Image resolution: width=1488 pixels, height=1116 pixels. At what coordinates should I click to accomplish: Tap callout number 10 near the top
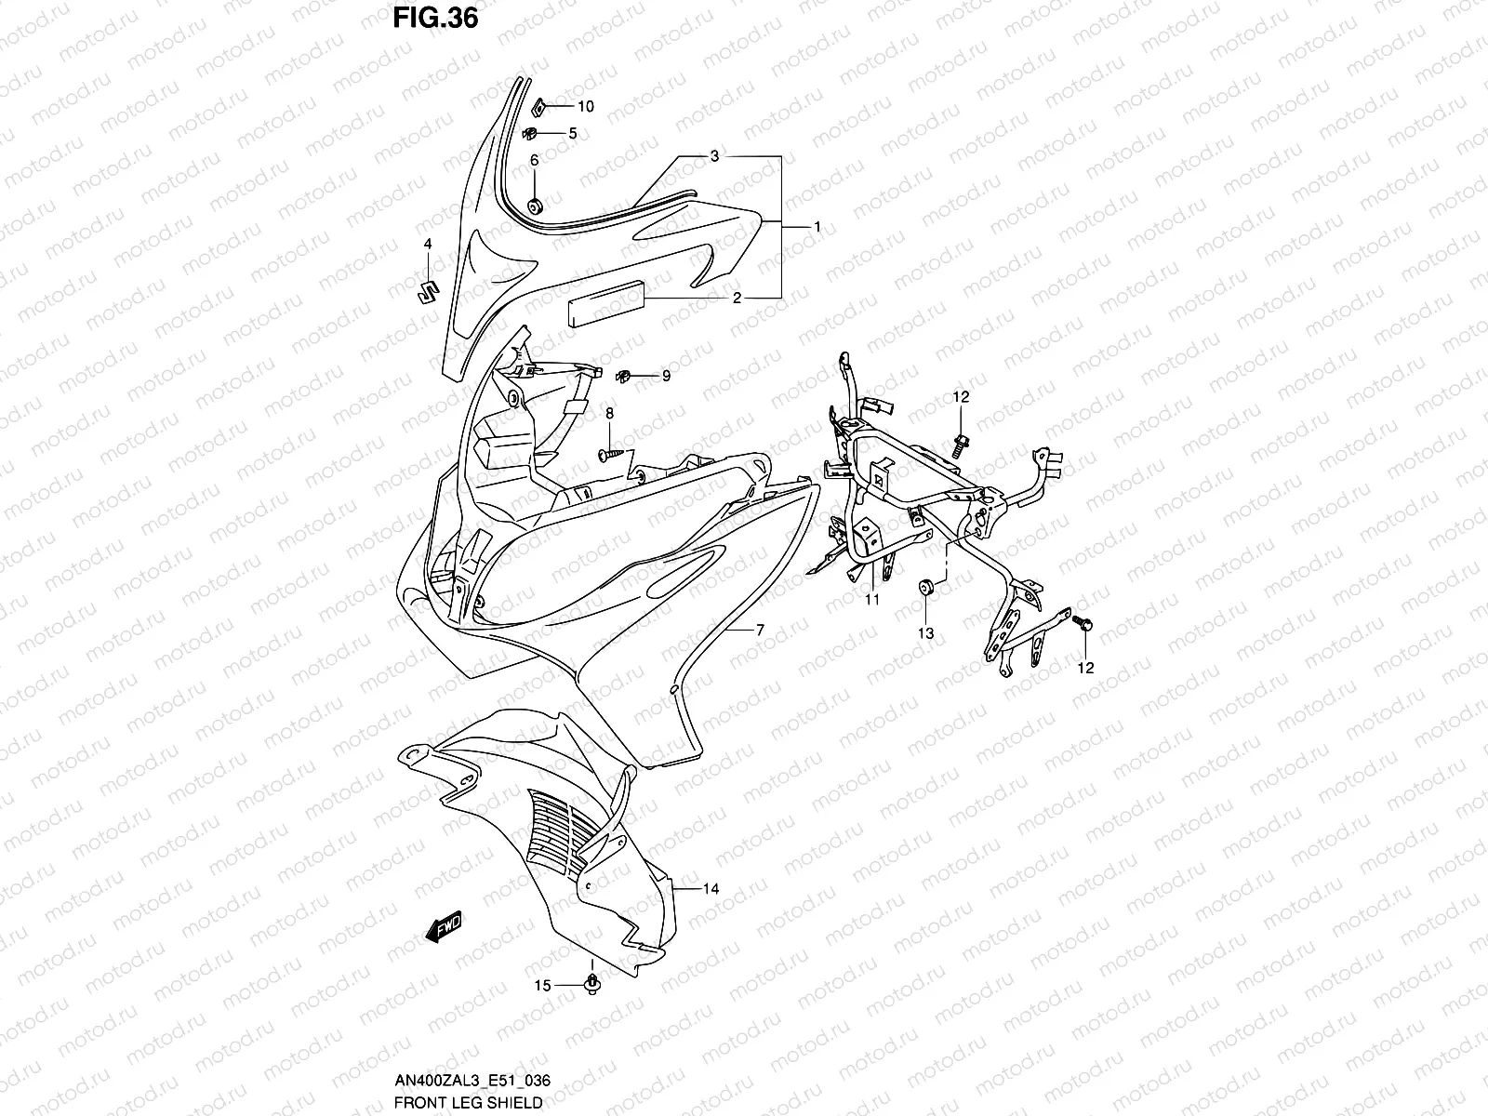pyautogui.click(x=586, y=107)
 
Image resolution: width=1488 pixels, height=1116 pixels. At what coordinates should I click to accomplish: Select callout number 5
pyautogui.click(x=573, y=133)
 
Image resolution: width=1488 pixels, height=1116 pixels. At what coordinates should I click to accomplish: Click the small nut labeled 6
pyautogui.click(x=535, y=206)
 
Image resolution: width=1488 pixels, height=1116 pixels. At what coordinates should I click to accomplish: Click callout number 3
pyautogui.click(x=740, y=156)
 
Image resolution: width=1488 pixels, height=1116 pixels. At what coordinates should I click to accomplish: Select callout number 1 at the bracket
pyautogui.click(x=817, y=227)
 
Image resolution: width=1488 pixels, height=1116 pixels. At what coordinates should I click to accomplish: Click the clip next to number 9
pyautogui.click(x=626, y=376)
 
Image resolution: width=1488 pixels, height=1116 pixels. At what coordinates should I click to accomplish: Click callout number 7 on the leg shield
pyautogui.click(x=760, y=630)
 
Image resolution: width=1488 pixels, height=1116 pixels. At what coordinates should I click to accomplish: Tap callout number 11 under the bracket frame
pyautogui.click(x=871, y=600)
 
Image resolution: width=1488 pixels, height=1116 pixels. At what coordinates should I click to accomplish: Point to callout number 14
pyautogui.click(x=711, y=889)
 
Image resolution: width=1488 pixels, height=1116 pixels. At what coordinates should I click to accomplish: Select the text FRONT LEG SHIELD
pyautogui.click(x=468, y=1103)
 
